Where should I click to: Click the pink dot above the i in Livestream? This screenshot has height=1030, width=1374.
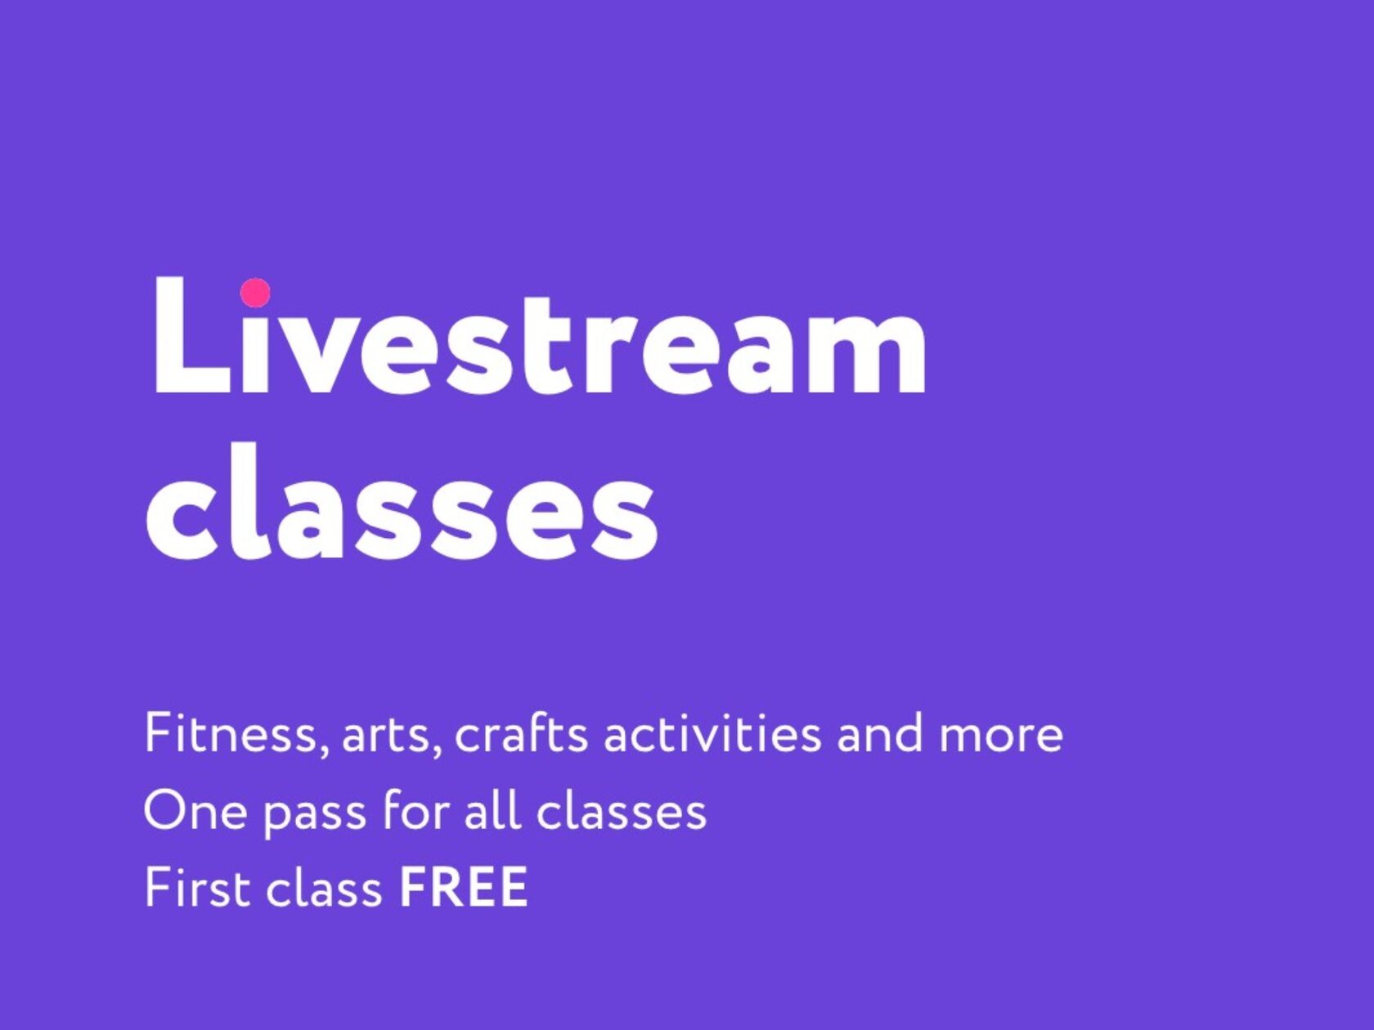(x=255, y=293)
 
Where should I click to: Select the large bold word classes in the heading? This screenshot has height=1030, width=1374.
(x=402, y=499)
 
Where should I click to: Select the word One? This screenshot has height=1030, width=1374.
(x=195, y=811)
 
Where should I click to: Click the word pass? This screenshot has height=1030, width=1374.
(x=314, y=817)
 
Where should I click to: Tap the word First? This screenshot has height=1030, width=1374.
(x=196, y=888)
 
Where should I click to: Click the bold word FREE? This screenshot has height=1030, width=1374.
(x=464, y=888)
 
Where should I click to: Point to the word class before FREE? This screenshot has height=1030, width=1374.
(x=324, y=887)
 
